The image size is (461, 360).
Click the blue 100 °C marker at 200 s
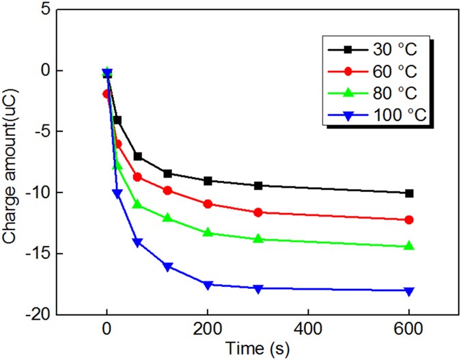point(208,285)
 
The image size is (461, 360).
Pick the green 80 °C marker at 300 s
point(258,238)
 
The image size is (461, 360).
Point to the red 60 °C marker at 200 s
point(208,204)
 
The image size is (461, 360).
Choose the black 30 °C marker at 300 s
point(258,185)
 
